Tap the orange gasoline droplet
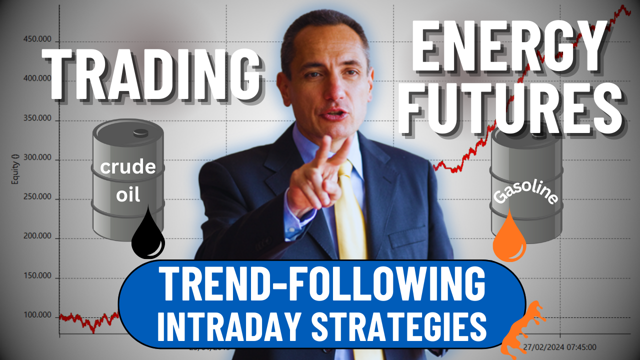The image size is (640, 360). click(x=509, y=239)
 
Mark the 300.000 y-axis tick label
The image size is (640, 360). click(x=38, y=158)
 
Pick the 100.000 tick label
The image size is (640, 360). click(x=38, y=315)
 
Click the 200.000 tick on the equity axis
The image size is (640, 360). click(x=38, y=236)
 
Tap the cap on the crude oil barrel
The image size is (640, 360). click(x=141, y=132)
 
